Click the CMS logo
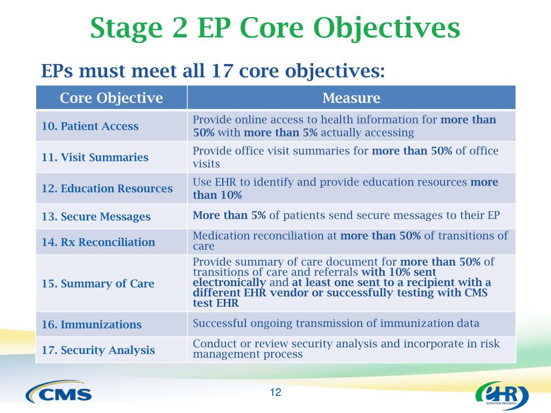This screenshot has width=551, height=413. pyautogui.click(x=59, y=391)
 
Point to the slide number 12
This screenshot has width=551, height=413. pyautogui.click(x=275, y=392)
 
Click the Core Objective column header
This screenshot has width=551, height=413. pyautogui.click(x=111, y=98)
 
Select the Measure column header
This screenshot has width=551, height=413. pyautogui.click(x=351, y=98)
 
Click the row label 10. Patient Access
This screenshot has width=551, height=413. pyautogui.click(x=90, y=126)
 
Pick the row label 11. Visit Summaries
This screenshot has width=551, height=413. pyautogui.click(x=95, y=157)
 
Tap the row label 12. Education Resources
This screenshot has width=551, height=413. pyautogui.click(x=107, y=188)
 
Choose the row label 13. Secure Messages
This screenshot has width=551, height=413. pyautogui.click(x=96, y=216)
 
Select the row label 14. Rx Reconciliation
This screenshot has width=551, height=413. pyautogui.click(x=98, y=242)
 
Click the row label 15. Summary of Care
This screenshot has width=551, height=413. pyautogui.click(x=98, y=283)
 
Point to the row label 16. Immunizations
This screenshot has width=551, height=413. pyautogui.click(x=91, y=324)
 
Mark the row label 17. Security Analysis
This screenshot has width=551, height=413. pyautogui.click(x=98, y=350)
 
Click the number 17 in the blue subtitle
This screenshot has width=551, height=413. pyautogui.click(x=222, y=71)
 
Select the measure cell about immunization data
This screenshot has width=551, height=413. pyautogui.click(x=336, y=323)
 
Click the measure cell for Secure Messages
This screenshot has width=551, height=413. pyautogui.click(x=346, y=215)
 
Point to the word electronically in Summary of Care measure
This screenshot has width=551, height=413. pyautogui.click(x=229, y=282)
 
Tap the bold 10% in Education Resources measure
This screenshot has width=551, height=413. pyautogui.click(x=231, y=195)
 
